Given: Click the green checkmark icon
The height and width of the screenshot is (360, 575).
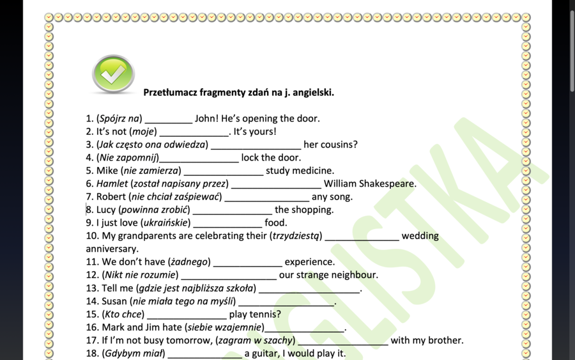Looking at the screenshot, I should point(113,74).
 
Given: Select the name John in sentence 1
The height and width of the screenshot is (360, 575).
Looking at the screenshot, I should point(206,118).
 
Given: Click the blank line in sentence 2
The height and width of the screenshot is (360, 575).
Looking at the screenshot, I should point(194,133).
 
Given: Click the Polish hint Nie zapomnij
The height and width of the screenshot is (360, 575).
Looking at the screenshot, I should point(128,158).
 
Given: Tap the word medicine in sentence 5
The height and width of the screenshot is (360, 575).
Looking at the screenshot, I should point(312,171).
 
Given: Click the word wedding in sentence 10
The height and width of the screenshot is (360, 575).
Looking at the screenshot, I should point(420,236).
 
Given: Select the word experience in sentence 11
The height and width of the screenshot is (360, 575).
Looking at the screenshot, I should point(309,262).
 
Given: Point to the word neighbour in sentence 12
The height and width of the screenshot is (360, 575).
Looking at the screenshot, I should point(354,275).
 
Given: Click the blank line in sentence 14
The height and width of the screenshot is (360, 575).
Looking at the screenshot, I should point(286,302).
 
